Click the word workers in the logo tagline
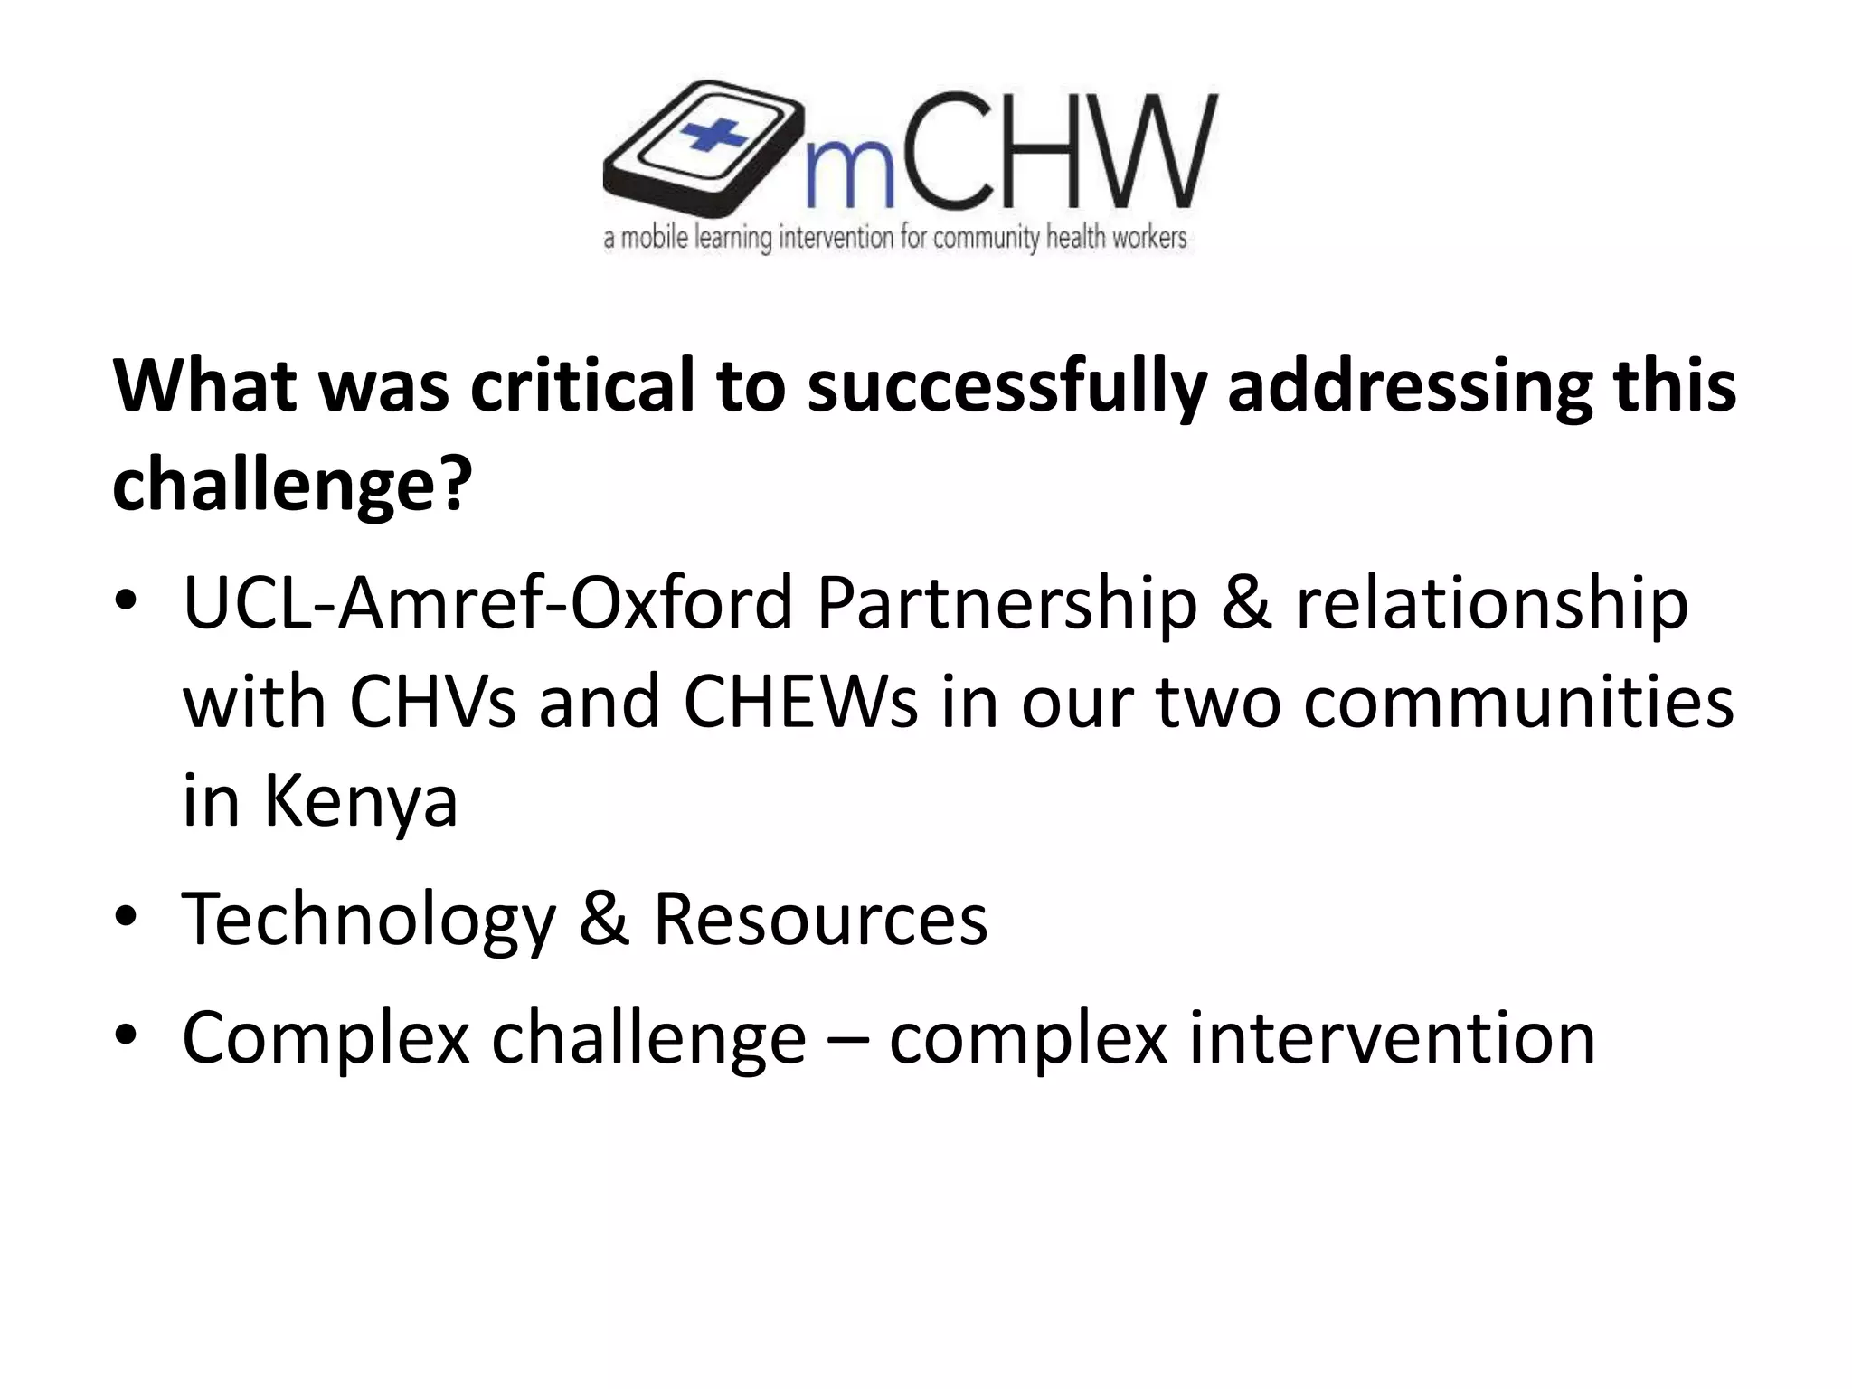[x=1146, y=238]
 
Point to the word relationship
[x=1491, y=604]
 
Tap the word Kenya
[x=361, y=802]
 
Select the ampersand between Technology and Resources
[x=604, y=920]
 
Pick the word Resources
[x=820, y=920]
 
